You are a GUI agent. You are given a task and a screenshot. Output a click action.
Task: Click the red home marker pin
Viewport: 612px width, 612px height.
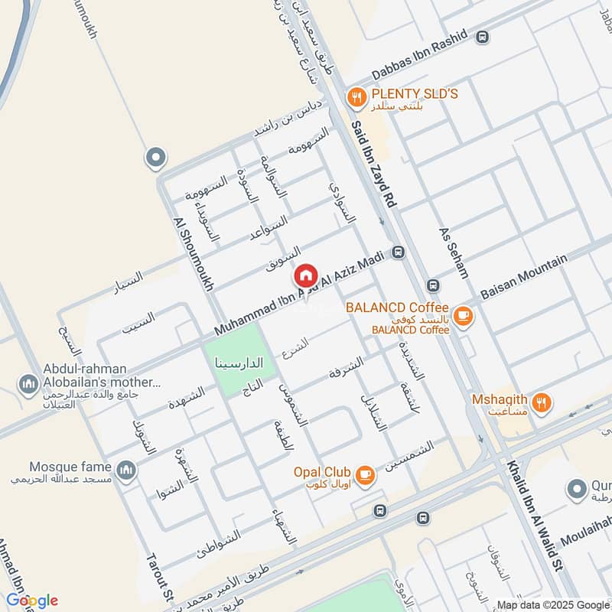[x=306, y=275]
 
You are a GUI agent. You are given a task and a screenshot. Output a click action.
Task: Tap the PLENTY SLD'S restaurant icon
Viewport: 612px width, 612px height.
[x=356, y=97]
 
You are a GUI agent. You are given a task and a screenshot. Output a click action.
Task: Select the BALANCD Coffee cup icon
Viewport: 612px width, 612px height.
[x=462, y=314]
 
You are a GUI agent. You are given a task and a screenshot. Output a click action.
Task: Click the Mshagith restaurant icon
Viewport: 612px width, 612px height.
[x=542, y=402]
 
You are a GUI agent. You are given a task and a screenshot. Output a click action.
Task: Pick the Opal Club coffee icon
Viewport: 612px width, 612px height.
[x=366, y=475]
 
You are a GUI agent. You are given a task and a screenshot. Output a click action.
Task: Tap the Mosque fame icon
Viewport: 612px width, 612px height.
[x=126, y=469]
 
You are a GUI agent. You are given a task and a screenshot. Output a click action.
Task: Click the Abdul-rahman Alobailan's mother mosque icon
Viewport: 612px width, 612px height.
[x=29, y=382]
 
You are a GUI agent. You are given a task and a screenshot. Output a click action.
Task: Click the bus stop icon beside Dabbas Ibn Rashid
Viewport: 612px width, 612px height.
[x=482, y=36]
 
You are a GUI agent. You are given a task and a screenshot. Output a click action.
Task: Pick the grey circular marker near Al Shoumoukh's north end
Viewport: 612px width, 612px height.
[x=155, y=158]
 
